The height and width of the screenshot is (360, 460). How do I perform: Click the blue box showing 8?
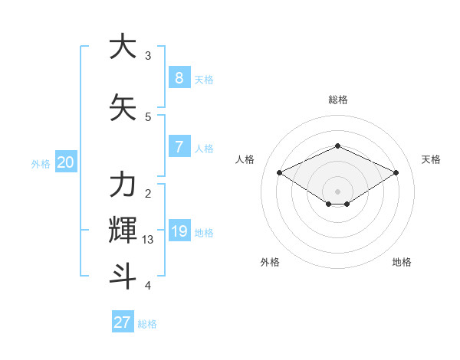(x=179, y=78)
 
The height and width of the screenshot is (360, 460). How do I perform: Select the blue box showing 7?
(x=179, y=147)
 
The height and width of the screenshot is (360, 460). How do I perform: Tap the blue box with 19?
(x=179, y=231)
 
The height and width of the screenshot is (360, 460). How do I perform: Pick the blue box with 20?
(x=65, y=162)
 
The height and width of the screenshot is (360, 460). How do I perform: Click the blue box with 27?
(x=123, y=322)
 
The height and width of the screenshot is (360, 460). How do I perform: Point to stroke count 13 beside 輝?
(x=148, y=240)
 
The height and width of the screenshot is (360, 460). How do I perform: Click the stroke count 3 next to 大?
(x=148, y=56)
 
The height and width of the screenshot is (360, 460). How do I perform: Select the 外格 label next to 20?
(x=40, y=163)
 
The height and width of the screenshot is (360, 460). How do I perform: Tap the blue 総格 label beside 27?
(x=147, y=324)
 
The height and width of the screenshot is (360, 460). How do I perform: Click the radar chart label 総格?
(x=337, y=100)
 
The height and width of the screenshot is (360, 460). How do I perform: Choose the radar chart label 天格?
(x=431, y=159)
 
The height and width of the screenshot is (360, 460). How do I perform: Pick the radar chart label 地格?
(x=402, y=262)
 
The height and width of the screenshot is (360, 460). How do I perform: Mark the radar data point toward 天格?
(x=396, y=173)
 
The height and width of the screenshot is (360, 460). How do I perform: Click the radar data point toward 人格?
(x=280, y=173)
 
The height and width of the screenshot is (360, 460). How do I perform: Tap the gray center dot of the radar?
(x=337, y=191)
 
